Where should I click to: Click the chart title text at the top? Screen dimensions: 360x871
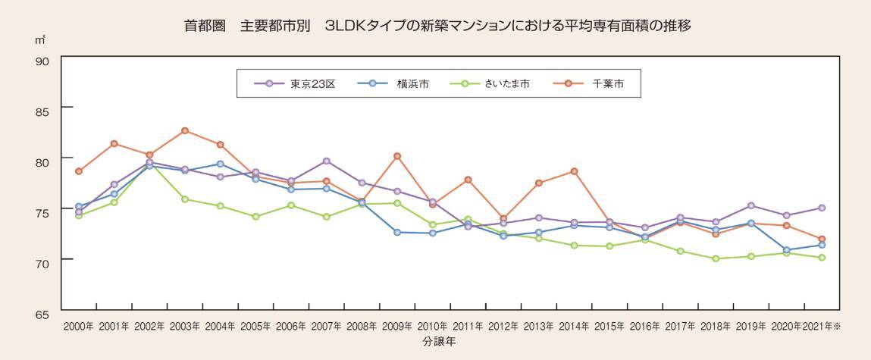coord(437,25)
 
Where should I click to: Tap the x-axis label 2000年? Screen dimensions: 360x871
coord(79,327)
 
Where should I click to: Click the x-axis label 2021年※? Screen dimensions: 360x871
coord(822,327)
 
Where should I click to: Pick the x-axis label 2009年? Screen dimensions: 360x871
coord(397,327)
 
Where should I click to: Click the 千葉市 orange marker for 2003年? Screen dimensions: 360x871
coord(185,131)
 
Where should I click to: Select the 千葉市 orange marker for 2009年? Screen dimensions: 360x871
coord(397,156)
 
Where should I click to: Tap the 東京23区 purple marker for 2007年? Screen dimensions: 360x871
coord(327,161)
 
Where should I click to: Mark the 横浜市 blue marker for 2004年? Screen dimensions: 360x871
coord(221,164)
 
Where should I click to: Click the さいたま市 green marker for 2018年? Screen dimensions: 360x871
coord(716,258)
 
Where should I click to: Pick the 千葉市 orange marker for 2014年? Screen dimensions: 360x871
coord(574,171)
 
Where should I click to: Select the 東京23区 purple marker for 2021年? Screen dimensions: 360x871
coord(822,208)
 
